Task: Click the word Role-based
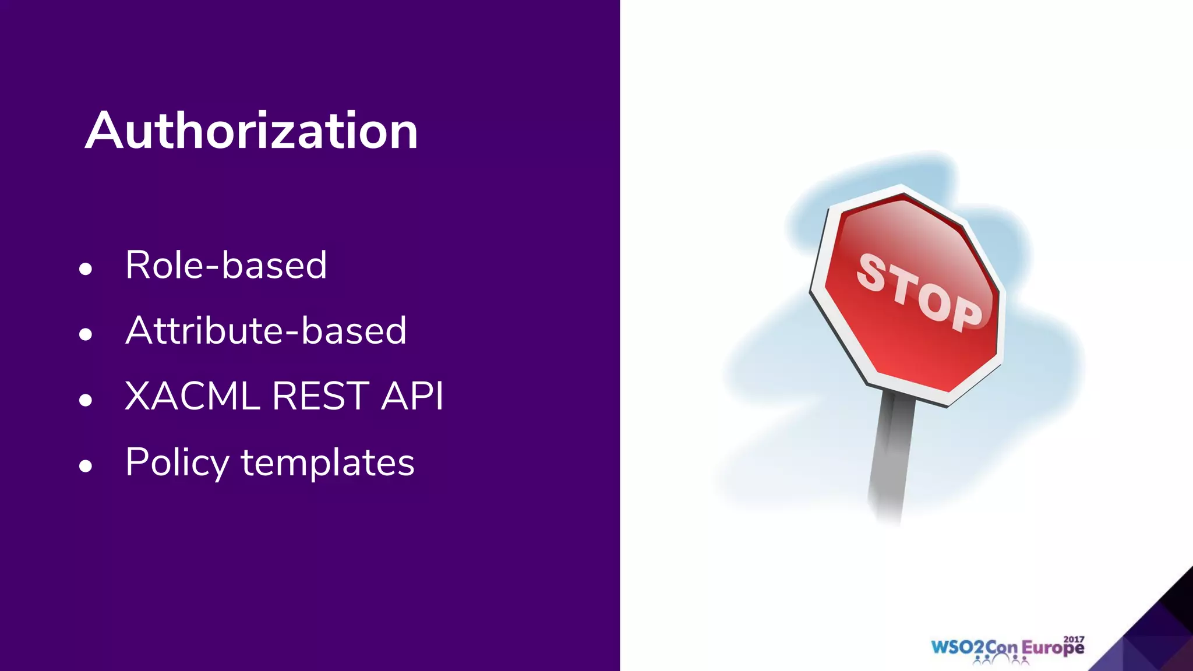tap(226, 265)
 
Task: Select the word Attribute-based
tap(266, 330)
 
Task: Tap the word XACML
tap(192, 396)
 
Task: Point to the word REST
tap(320, 396)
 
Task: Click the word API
tap(412, 396)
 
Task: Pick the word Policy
tap(178, 462)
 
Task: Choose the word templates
tap(327, 462)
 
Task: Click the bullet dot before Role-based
tap(86, 269)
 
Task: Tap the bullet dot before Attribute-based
tap(86, 334)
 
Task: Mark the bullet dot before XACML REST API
tap(86, 400)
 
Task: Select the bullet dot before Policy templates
tap(86, 466)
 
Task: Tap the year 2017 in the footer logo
tap(1074, 639)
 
